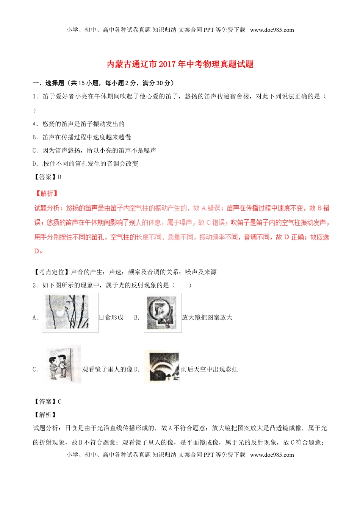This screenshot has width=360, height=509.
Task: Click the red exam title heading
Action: tap(180, 64)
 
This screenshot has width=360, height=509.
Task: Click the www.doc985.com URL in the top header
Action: tap(272, 30)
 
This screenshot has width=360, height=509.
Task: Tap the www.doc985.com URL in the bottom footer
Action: tap(272, 454)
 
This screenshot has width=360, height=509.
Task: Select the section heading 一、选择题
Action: tap(45, 83)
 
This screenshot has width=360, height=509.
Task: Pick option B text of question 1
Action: tap(82, 137)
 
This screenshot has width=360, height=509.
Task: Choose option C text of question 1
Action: tap(94, 150)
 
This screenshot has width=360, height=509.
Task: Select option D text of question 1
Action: tap(86, 164)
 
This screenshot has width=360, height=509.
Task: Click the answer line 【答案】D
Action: tap(47, 177)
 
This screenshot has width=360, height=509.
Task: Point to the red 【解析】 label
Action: tap(47, 193)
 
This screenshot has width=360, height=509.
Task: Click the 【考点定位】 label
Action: tap(51, 272)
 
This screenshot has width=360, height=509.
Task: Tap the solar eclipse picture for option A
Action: tap(70, 312)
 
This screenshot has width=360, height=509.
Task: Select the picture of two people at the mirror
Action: tap(63, 364)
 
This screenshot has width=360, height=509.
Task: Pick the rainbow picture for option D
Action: tap(161, 365)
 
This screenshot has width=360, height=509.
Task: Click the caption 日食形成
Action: tap(111, 317)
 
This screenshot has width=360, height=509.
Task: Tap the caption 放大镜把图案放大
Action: tap(207, 317)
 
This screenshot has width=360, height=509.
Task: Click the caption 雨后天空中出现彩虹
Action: tap(209, 369)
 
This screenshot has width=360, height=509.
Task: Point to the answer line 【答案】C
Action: tap(47, 401)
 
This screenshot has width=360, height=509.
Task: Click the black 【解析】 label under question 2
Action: tap(45, 415)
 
